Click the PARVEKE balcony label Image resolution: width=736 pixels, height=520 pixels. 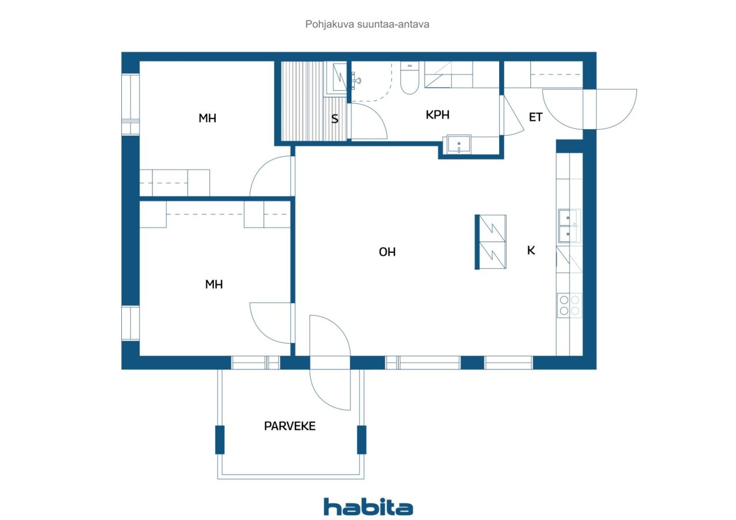click(x=290, y=426)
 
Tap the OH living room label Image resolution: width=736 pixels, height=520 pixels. click(x=387, y=252)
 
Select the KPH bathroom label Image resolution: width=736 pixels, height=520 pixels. click(x=437, y=115)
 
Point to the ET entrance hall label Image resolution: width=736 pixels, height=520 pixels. click(x=535, y=117)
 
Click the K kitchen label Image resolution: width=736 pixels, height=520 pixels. click(x=531, y=251)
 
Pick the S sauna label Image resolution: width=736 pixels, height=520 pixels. click(x=334, y=120)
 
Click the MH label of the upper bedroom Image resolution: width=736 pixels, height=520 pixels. click(x=207, y=118)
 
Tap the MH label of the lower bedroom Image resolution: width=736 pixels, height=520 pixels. click(x=214, y=284)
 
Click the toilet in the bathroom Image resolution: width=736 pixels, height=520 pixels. click(x=409, y=79)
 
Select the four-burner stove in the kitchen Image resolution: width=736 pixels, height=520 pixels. click(x=569, y=305)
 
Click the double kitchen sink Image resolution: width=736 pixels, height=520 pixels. click(x=569, y=226)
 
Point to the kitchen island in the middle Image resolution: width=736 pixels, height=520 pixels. click(x=492, y=242)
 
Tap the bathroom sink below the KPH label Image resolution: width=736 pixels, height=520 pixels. click(x=459, y=144)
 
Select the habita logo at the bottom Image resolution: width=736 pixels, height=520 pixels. click(x=368, y=506)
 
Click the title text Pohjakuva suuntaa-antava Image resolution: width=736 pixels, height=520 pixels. click(x=368, y=25)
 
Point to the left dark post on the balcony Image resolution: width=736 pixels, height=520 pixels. click(x=220, y=440)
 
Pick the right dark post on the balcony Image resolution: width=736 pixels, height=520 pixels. click(x=362, y=440)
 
